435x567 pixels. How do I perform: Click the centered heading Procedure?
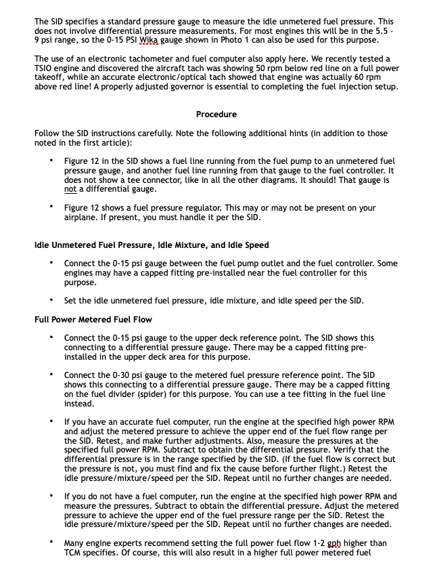point(216,114)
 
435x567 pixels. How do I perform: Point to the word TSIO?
point(46,69)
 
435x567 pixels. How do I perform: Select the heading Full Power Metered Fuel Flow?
point(93,319)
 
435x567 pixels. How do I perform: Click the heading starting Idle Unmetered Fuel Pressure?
point(151,245)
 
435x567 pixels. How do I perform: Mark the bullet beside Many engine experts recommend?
point(51,543)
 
